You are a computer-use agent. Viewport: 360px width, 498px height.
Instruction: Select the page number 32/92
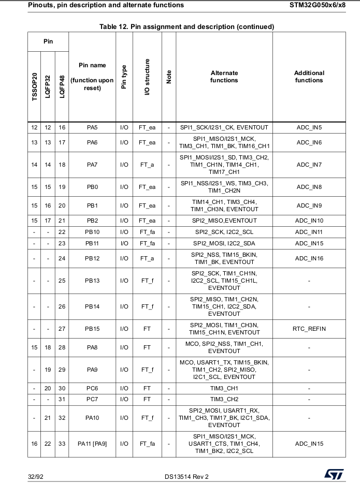[x=36, y=476]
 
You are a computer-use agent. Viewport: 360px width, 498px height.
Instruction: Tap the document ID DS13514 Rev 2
[x=187, y=476]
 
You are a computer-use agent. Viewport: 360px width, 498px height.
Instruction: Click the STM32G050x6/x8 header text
[x=318, y=5]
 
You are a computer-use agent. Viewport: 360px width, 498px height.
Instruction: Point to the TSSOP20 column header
[x=35, y=86]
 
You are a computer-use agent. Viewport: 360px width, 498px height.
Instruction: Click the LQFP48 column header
[x=62, y=86]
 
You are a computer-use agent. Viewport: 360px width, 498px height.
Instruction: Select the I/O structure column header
[x=147, y=77]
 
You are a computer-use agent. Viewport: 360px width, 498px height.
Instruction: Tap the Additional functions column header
[x=309, y=77]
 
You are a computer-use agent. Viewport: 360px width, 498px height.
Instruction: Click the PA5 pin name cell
[x=92, y=127]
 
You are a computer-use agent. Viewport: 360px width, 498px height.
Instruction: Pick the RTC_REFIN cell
[x=309, y=329]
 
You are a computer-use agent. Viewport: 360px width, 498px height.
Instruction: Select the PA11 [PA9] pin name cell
[x=92, y=444]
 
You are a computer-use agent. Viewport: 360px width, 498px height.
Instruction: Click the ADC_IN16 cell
[x=309, y=258]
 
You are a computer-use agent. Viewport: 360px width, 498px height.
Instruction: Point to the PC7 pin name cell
[x=92, y=399]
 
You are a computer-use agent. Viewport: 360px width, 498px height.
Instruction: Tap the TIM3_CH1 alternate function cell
[x=224, y=388]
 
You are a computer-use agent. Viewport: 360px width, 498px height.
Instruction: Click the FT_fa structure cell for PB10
[x=147, y=232]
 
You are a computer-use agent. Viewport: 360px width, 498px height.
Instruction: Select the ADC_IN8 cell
[x=309, y=187]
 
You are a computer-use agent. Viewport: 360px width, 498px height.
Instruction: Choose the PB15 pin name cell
[x=92, y=329]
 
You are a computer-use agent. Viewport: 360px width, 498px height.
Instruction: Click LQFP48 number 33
[x=62, y=444]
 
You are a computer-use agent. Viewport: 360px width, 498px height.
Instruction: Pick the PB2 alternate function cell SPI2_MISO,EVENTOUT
[x=224, y=221]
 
